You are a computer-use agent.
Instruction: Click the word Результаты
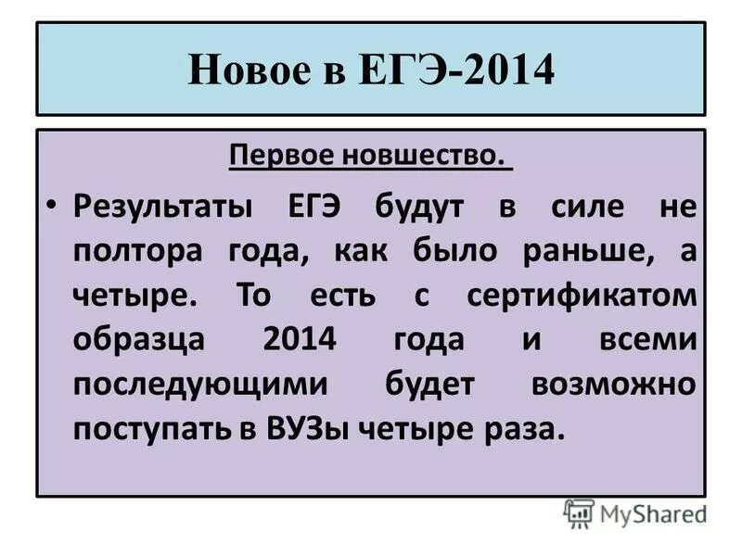161,205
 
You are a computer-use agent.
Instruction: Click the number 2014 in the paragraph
298,341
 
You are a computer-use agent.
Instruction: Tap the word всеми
646,341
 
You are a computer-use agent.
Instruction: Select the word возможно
613,386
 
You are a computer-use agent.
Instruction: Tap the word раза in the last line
524,432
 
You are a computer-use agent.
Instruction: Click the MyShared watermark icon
578,512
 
